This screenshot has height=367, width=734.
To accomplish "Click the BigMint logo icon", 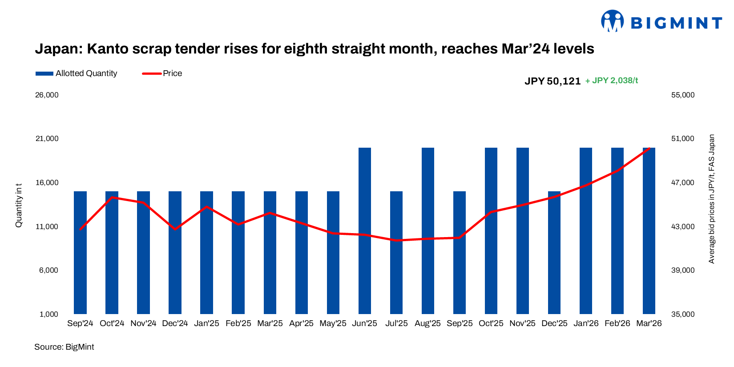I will pyautogui.click(x=612, y=21).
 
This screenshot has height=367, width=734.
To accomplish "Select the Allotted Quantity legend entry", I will pyautogui.click(x=77, y=73).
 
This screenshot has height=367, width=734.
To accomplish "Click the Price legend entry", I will pyautogui.click(x=162, y=73).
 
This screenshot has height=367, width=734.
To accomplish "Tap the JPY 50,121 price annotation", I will pyautogui.click(x=553, y=81).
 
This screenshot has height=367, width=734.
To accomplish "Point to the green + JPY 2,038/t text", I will pyautogui.click(x=612, y=81).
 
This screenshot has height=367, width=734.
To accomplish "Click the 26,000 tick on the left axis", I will pyautogui.click(x=47, y=95).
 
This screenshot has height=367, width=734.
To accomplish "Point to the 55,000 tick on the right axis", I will pyautogui.click(x=683, y=95).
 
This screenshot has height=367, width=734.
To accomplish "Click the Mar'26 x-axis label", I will pyautogui.click(x=649, y=323).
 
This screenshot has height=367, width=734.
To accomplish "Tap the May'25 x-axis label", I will pyautogui.click(x=333, y=323).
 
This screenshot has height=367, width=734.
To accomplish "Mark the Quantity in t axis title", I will pyautogui.click(x=19, y=205).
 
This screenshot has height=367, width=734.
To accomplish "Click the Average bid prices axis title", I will pyautogui.click(x=712, y=199).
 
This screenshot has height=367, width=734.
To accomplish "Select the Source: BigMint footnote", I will pyautogui.click(x=64, y=347).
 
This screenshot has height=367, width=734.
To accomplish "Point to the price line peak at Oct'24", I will pyautogui.click(x=112, y=197).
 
